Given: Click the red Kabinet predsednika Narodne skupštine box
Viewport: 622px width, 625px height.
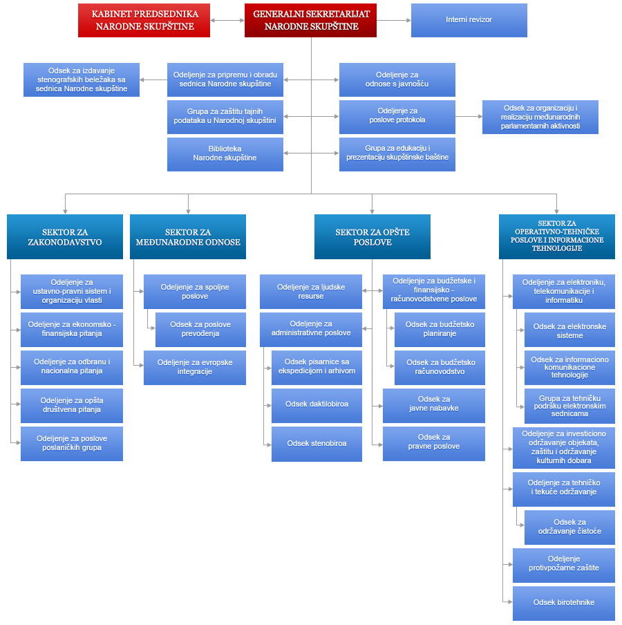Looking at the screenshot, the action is (144, 20).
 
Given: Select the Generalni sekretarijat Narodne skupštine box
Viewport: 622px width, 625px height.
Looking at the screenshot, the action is (310, 20).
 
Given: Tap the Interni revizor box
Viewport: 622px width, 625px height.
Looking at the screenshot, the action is (469, 20).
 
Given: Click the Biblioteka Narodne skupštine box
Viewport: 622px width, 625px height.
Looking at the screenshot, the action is (225, 154).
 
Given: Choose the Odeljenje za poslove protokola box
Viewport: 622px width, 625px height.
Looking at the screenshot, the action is (397, 117).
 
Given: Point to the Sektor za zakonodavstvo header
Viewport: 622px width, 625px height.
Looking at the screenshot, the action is (65, 236).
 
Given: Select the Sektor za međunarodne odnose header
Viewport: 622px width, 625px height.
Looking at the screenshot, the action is (188, 236).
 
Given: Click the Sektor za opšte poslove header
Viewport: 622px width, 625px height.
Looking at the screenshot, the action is (373, 236).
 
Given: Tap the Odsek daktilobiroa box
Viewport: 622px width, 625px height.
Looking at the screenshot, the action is (317, 405).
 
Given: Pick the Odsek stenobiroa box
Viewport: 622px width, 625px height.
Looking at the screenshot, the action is (317, 444).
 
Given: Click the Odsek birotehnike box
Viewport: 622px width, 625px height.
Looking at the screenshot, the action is (564, 603).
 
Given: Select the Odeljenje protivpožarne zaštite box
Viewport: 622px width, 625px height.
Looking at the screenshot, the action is (564, 566).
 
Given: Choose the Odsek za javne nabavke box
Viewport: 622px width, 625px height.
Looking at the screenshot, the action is (434, 405).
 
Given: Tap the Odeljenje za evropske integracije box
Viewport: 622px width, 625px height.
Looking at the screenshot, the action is (195, 368).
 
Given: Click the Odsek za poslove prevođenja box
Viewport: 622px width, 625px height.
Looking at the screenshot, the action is (200, 330).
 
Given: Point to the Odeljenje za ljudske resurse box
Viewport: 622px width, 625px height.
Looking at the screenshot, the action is (311, 291).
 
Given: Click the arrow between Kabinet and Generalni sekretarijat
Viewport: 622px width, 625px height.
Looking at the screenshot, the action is (227, 20).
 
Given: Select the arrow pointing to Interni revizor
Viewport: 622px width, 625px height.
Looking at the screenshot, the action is (394, 20).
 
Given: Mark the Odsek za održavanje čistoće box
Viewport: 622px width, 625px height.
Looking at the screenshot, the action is (569, 528).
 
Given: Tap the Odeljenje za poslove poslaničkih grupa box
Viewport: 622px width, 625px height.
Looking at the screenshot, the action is (72, 444).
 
